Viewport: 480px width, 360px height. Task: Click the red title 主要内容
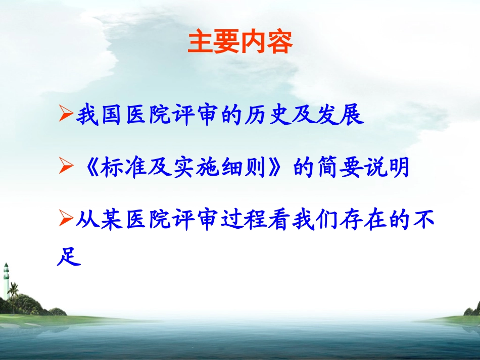pyautogui.click(x=240, y=43)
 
